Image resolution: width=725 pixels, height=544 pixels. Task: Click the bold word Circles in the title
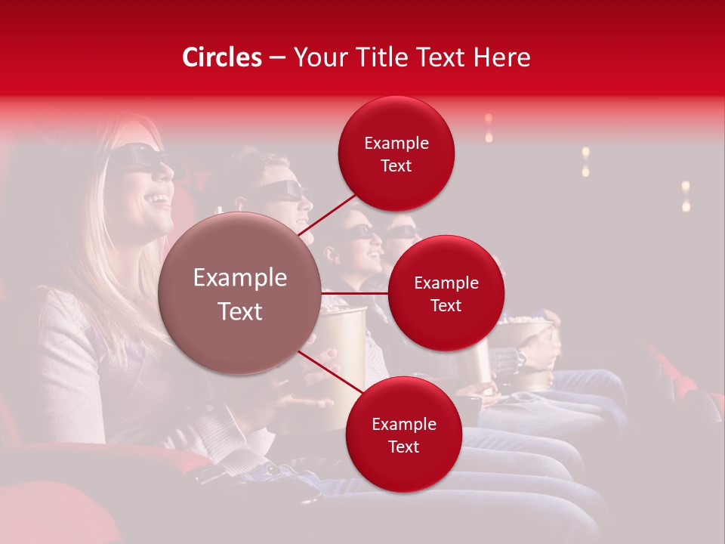coord(222,57)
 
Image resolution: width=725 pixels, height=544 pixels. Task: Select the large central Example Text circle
coord(240,294)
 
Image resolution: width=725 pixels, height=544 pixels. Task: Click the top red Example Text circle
coord(396,153)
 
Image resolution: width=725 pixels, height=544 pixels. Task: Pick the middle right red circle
coord(446,293)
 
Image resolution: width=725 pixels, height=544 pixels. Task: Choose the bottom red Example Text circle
coord(403,434)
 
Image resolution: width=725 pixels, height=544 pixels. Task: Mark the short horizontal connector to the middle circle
coord(354,293)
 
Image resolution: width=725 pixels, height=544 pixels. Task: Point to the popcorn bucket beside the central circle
coord(344,332)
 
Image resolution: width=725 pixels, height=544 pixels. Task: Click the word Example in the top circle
coord(396,143)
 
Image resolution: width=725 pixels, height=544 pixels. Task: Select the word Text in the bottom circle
coord(403,447)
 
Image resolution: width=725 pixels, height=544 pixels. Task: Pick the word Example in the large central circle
coord(240,278)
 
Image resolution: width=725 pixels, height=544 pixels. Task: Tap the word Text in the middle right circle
coord(446,305)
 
